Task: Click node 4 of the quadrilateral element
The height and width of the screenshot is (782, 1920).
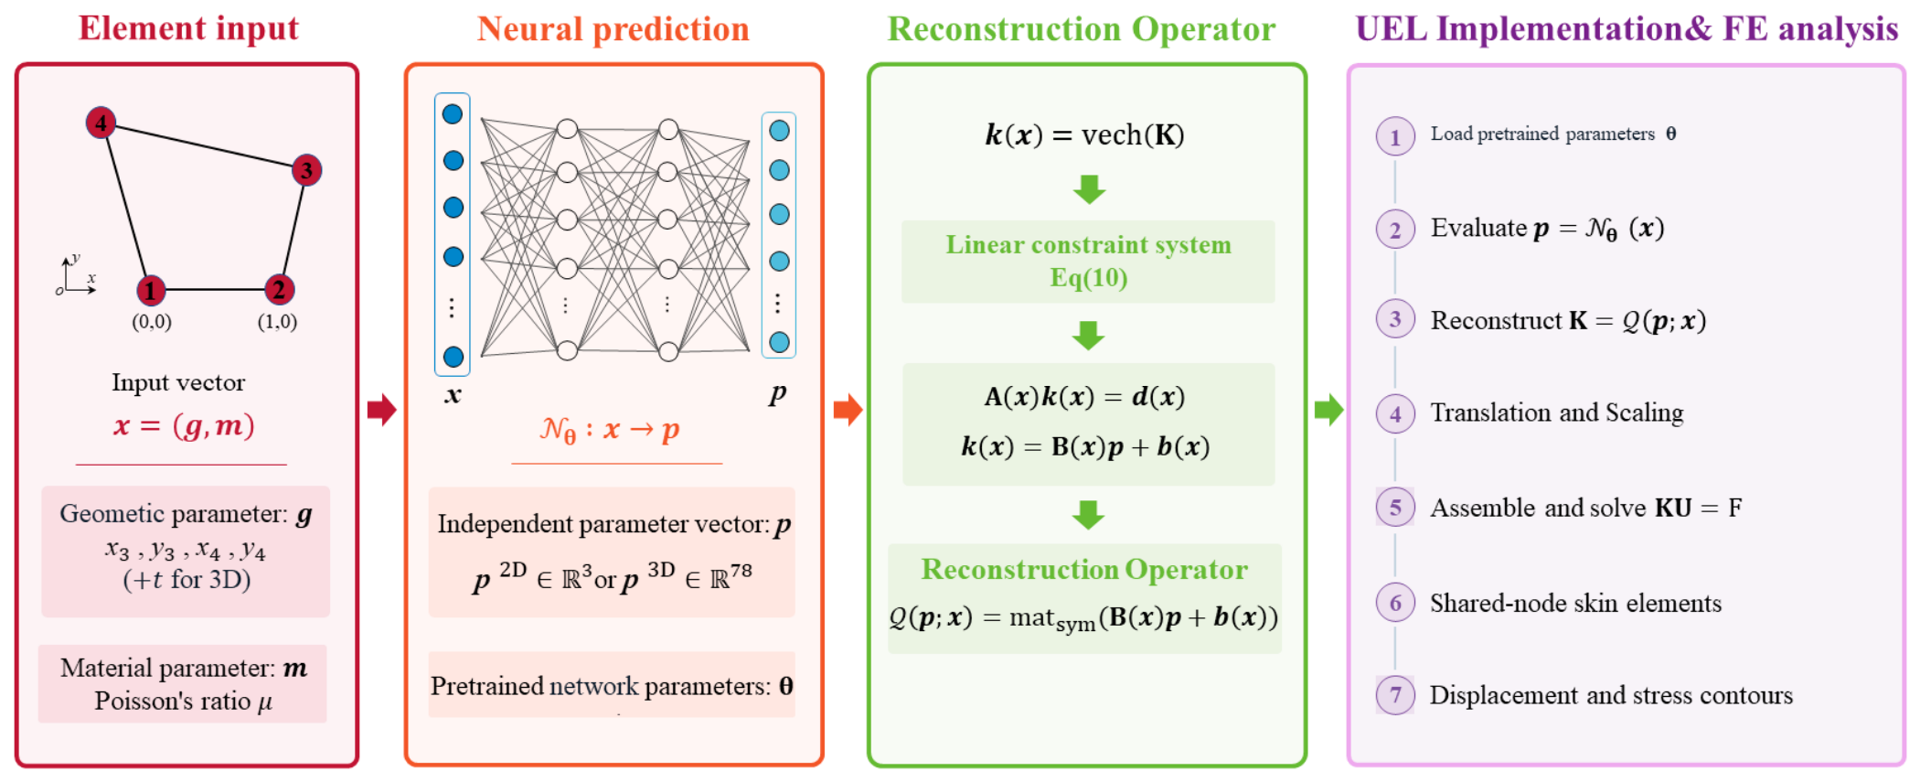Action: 101,122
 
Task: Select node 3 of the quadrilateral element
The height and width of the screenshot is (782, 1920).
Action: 306,170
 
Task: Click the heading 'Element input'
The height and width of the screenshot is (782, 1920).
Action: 188,28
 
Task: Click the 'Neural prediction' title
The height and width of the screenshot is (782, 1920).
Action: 613,29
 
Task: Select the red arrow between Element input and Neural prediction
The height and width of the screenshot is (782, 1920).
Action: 381,409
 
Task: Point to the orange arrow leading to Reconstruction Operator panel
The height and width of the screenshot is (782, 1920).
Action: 848,409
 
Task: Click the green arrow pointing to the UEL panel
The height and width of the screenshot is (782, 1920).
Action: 1328,409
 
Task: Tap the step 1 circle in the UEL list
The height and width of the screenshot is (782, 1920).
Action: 1395,137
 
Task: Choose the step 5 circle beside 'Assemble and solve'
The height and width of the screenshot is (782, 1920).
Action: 1395,508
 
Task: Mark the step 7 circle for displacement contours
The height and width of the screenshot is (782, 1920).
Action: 1395,695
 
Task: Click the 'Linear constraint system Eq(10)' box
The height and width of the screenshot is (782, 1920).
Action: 1088,262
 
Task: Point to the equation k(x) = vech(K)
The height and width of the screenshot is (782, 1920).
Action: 1084,135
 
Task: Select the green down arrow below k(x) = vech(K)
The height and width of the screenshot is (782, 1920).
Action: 1089,189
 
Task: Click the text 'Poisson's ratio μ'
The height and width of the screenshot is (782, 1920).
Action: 184,702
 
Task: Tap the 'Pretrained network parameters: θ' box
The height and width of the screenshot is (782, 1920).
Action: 612,685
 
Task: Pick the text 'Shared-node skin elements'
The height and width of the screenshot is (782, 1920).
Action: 1575,604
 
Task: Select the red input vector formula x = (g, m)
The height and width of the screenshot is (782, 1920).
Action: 184,425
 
